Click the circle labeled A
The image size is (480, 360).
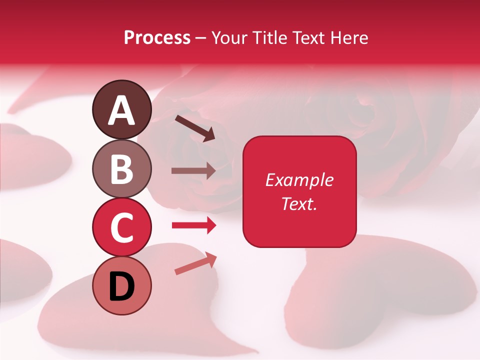click(122, 109)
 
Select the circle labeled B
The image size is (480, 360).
click(122, 168)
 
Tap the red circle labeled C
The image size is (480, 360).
click(122, 227)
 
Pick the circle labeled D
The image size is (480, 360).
click(122, 285)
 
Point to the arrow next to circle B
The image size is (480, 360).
click(193, 170)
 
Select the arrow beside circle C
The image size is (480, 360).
click(193, 225)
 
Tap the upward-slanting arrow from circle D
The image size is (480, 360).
click(196, 263)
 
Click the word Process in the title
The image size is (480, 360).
click(157, 37)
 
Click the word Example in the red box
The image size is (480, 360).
click(299, 180)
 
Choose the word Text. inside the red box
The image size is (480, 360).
click(299, 203)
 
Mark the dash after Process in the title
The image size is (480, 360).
click(201, 38)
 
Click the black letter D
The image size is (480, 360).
click(122, 286)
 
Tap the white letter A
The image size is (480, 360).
click(122, 110)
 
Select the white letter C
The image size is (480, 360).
click(122, 227)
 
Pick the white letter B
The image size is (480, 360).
click(122, 169)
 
